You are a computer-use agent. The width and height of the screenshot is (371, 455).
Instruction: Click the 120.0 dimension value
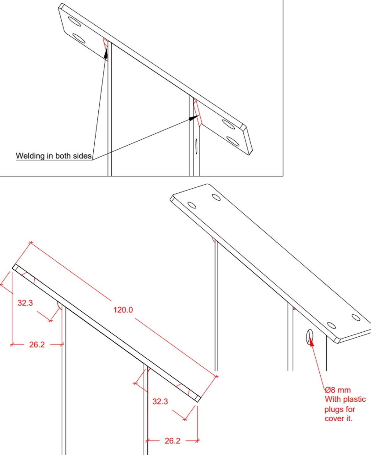coord(123,310)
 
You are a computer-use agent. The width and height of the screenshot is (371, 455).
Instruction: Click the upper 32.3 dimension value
coord(25,303)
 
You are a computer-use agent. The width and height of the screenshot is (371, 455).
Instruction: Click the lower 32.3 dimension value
coord(160,401)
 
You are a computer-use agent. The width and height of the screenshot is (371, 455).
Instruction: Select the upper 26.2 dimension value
coord(37,344)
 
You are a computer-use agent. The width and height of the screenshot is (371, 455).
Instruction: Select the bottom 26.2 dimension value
coord(172,440)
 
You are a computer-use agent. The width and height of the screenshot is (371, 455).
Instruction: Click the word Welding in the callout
coord(30,156)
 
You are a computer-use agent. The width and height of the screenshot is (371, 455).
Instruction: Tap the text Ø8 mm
coord(338,390)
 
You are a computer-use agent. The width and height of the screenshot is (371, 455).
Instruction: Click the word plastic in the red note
coord(354,399)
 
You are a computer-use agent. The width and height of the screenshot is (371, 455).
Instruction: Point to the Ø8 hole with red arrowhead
coord(309,337)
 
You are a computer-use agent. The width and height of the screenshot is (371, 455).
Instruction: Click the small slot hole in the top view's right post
coord(196,146)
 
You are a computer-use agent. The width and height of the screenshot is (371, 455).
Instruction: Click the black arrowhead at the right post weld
coord(194,118)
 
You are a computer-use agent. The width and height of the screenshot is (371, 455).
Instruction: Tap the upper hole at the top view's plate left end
coord(74,22)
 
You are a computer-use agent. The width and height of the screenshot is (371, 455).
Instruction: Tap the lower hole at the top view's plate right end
coord(233,141)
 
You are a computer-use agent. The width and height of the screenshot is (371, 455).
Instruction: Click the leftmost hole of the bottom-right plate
coord(192,205)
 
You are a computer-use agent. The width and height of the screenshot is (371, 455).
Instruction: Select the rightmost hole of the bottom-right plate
coord(356,317)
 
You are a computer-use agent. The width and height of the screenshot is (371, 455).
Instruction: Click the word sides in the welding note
coord(83,156)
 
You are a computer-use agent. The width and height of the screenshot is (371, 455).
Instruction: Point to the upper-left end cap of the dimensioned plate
coord(15,267)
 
